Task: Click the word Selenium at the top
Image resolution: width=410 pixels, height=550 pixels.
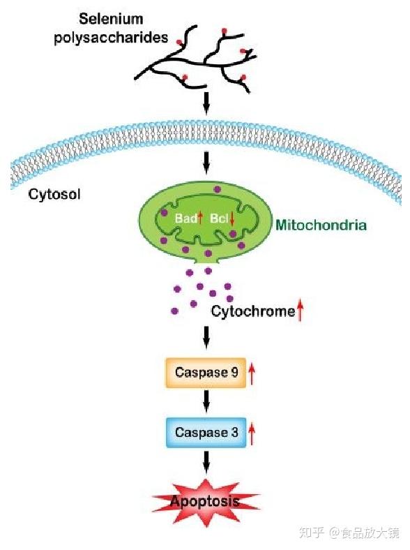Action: [x=111, y=19]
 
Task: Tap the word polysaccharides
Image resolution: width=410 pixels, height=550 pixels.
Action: [x=111, y=38]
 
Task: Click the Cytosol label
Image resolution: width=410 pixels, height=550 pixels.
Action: [x=54, y=194]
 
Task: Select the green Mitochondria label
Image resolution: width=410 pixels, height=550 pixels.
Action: [x=321, y=225]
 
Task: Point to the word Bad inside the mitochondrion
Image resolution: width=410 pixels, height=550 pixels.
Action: [x=185, y=218]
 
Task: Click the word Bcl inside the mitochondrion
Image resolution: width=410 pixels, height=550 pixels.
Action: [x=219, y=218]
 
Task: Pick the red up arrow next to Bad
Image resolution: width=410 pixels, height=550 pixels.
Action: [x=200, y=218]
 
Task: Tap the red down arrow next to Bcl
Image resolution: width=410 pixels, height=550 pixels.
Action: [x=231, y=219]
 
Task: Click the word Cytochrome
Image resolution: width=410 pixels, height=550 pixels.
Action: [x=253, y=311]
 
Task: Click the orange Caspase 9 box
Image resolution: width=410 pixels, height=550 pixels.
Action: [x=206, y=373]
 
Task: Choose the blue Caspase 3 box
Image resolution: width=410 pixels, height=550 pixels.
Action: [x=206, y=433]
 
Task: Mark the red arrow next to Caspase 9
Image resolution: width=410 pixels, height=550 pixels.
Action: [x=252, y=374]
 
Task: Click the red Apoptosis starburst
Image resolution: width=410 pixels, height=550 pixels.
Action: [x=206, y=502]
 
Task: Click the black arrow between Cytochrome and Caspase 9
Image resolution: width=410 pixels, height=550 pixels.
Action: [x=206, y=338]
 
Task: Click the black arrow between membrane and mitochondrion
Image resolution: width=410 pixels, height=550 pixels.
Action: [x=206, y=163]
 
